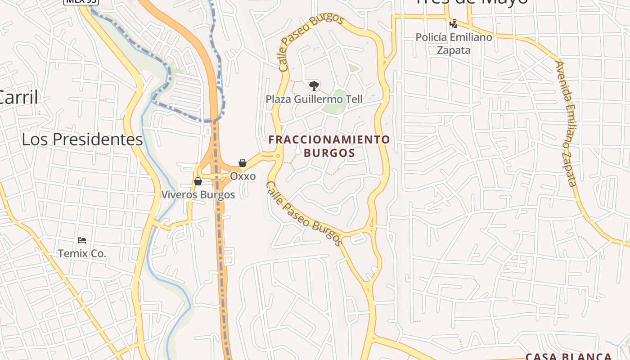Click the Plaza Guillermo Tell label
(314, 99)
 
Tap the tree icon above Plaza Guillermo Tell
(314, 85)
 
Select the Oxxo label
(243, 176)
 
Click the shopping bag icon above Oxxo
(243, 162)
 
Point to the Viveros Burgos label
(198, 195)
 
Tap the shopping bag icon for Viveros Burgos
(198, 181)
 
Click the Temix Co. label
(82, 253)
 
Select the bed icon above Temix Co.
(81, 240)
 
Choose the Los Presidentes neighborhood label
(82, 139)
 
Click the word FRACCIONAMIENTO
(329, 139)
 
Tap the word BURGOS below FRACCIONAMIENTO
(329, 153)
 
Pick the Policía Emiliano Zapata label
(454, 44)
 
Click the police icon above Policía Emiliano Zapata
(454, 23)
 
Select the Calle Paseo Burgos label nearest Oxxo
(304, 213)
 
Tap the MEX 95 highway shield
(81, 1)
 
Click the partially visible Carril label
(18, 97)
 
